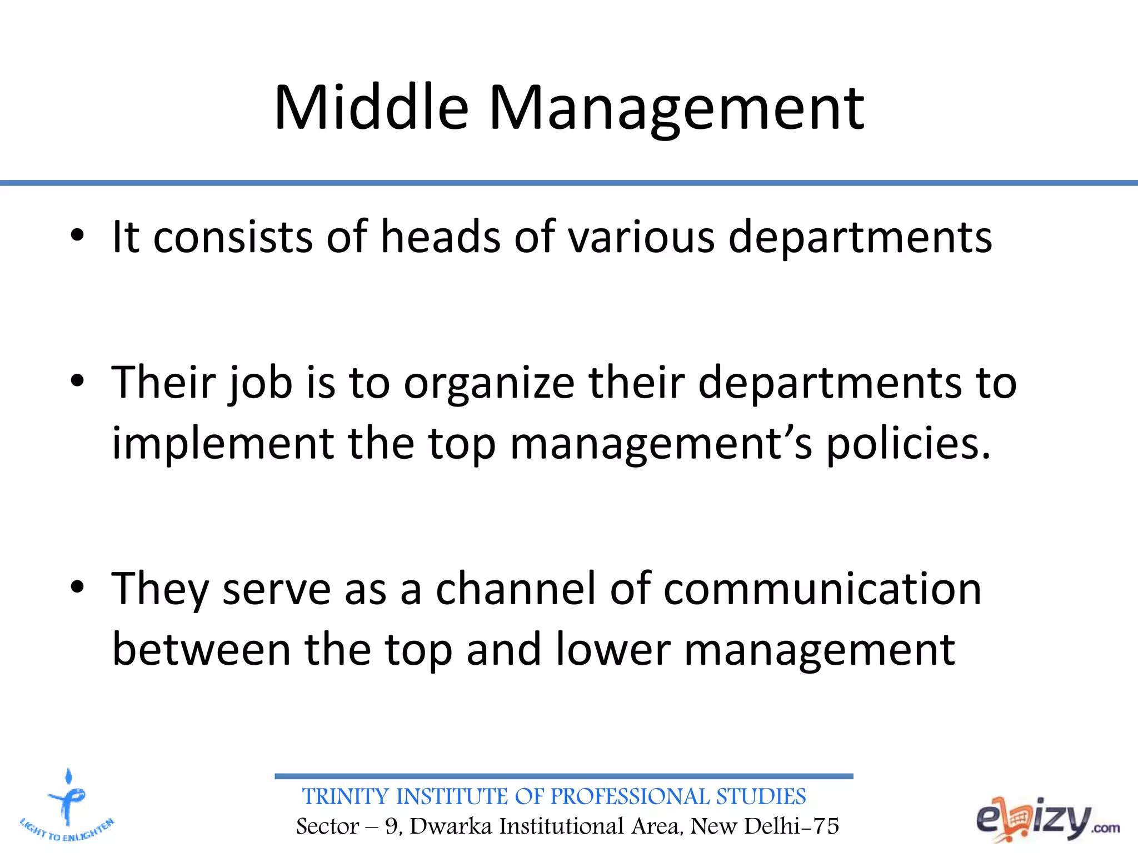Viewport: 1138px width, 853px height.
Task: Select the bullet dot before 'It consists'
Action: click(77, 235)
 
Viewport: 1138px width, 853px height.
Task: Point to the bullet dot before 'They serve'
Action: click(77, 588)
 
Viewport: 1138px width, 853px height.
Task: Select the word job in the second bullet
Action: click(261, 383)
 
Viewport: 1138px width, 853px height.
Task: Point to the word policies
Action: click(908, 444)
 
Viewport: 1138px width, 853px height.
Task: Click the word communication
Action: click(822, 589)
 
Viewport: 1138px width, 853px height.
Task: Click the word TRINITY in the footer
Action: click(346, 797)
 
